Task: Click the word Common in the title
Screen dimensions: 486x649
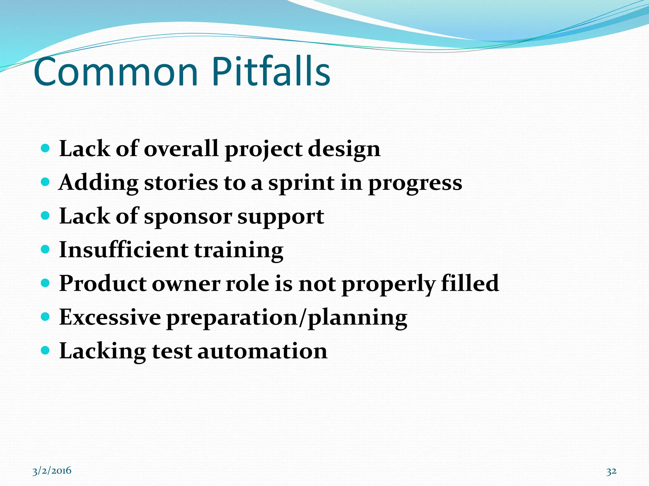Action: [x=116, y=72]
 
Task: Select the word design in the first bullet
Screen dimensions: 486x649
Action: [x=344, y=149]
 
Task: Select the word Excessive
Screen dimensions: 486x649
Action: [x=110, y=317]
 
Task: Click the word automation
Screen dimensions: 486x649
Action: [x=262, y=351]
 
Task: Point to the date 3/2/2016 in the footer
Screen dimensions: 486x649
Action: [x=52, y=471]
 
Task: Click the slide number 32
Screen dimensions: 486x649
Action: [x=611, y=471]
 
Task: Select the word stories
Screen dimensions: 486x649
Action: [x=181, y=183]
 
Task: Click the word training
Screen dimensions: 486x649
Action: [x=238, y=250]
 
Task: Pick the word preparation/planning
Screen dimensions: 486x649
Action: [x=287, y=318]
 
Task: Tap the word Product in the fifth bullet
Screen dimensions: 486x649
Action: [x=103, y=283]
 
